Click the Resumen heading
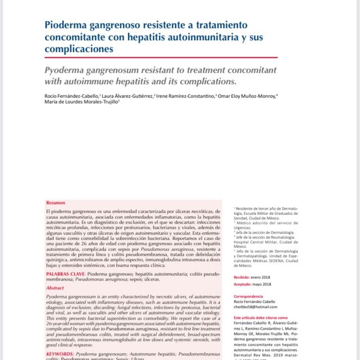pos(56,202)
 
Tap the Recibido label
pos(243,277)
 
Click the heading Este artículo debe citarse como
pos(263,318)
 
